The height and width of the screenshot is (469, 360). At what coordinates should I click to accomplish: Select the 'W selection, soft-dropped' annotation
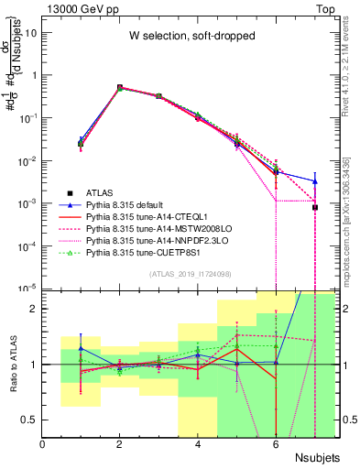pyautogui.click(x=186, y=36)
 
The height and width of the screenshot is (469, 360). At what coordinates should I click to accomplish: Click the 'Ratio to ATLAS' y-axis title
pyautogui.click(x=13, y=364)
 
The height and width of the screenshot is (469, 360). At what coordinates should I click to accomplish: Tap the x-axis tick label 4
pyautogui.click(x=198, y=445)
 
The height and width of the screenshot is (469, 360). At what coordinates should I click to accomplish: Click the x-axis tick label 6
pyautogui.click(x=276, y=445)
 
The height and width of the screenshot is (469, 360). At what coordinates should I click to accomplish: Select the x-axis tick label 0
pyautogui.click(x=43, y=445)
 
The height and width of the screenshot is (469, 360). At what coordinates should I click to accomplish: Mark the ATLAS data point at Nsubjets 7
pyautogui.click(x=314, y=207)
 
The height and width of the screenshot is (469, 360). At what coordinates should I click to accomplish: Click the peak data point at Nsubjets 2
pyautogui.click(x=120, y=88)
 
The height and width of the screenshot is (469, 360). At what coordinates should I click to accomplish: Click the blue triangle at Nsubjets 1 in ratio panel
pyautogui.click(x=82, y=348)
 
